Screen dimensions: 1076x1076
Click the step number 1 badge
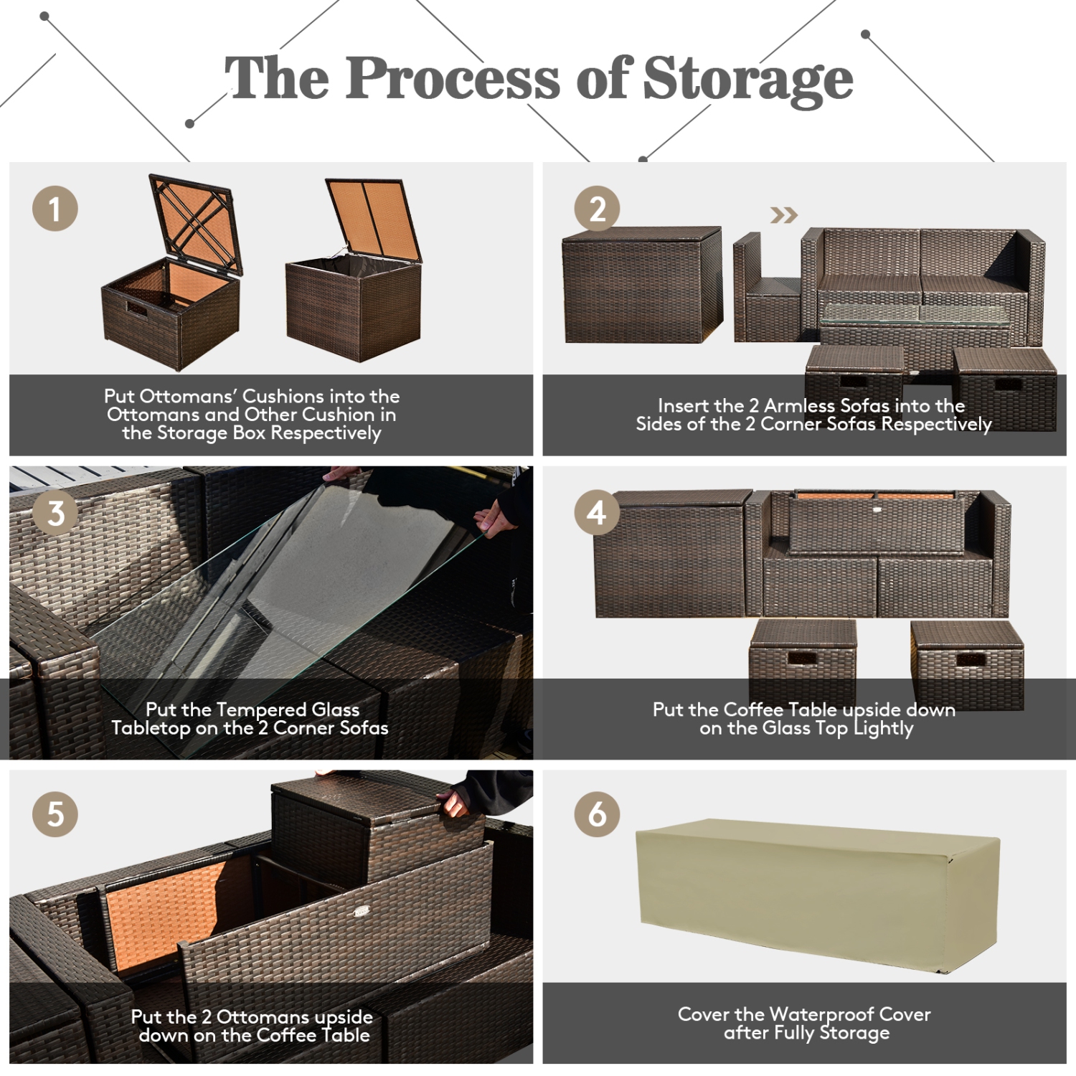coord(55,209)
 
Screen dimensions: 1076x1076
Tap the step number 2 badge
coord(597,209)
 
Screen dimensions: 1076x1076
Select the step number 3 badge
coord(55,513)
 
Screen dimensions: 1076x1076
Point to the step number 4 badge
coord(597,513)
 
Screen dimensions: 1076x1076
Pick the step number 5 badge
coord(55,814)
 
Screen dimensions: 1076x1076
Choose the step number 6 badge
coord(597,814)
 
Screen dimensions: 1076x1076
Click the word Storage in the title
coord(747,79)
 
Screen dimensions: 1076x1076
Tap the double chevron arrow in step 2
coord(783,215)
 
